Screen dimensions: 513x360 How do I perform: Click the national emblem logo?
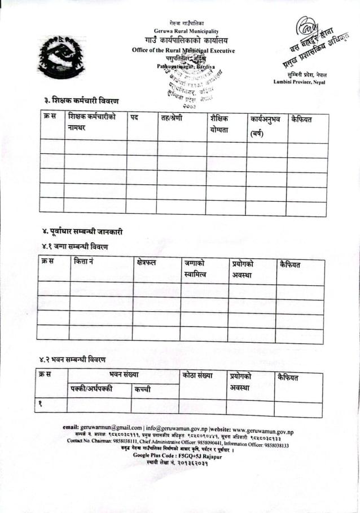click(62, 56)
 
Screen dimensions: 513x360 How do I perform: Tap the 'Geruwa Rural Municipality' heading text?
click(186, 30)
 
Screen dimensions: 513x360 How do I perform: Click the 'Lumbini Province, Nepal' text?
click(299, 82)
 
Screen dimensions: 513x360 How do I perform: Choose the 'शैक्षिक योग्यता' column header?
click(219, 125)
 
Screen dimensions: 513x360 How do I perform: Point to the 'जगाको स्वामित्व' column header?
click(195, 269)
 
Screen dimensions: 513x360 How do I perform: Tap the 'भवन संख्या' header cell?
click(124, 375)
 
